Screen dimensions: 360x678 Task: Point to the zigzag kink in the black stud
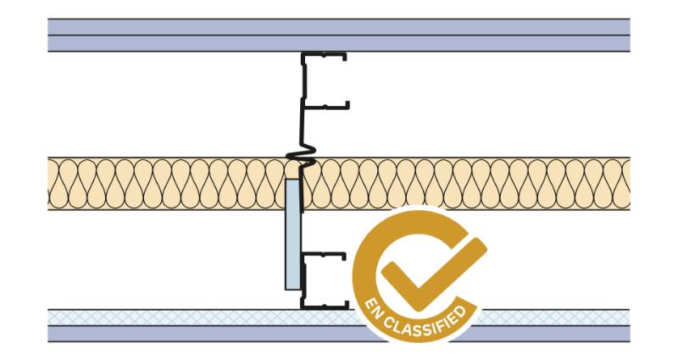point(296,158)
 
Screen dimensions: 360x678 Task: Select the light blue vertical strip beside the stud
point(291,233)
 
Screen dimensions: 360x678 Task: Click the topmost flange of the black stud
point(326,57)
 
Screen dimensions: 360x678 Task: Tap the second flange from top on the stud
point(326,107)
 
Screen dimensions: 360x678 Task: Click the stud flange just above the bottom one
point(326,253)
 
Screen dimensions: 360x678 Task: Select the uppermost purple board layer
point(169,25)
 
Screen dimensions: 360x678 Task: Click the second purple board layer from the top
point(169,43)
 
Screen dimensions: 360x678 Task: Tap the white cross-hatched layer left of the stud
point(169,317)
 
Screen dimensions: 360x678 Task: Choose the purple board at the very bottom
point(169,334)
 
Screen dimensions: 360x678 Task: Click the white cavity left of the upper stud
point(169,102)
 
